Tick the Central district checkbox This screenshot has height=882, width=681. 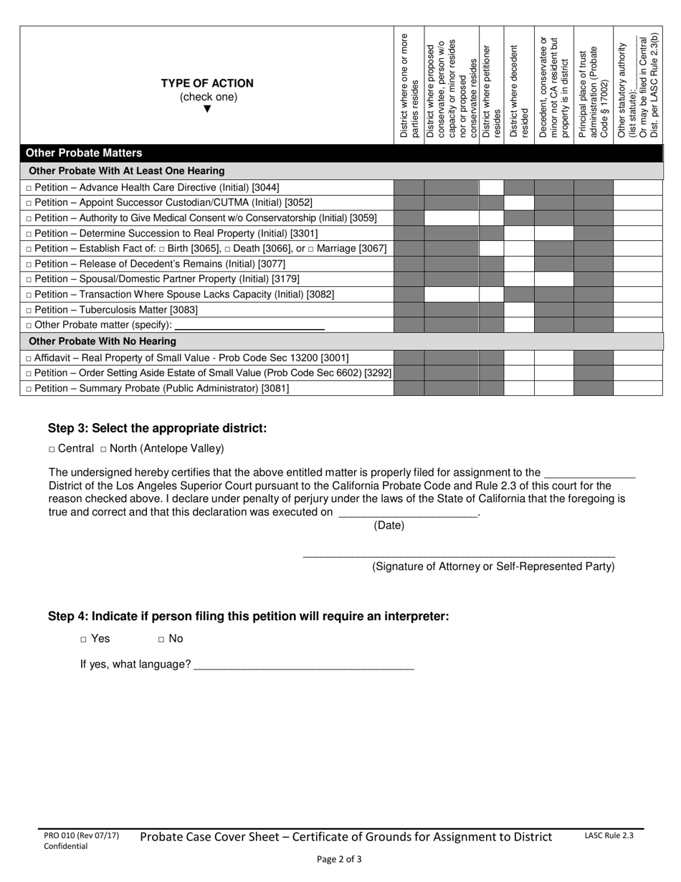(52, 450)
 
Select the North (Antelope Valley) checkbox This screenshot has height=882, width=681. (104, 450)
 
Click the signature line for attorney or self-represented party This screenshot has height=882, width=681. (459, 554)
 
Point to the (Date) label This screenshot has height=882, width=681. (389, 526)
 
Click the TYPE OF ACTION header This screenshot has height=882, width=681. (206, 83)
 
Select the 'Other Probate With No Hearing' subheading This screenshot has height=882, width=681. (102, 341)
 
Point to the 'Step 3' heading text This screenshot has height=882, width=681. (157, 428)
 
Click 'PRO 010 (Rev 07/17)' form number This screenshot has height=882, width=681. (81, 835)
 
